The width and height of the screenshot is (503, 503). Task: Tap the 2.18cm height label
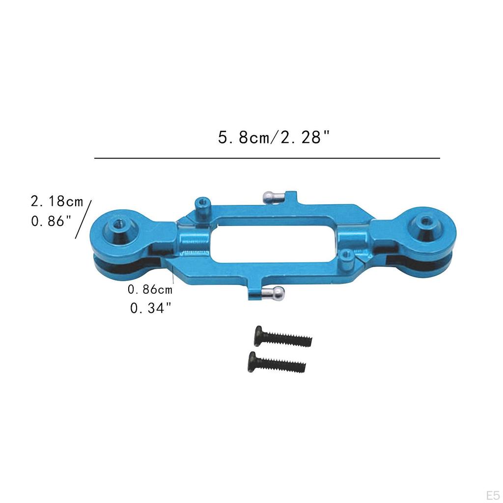pyautogui.click(x=57, y=202)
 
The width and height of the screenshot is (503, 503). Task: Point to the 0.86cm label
pyautogui.click(x=150, y=289)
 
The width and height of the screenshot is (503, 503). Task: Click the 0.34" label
pyautogui.click(x=151, y=308)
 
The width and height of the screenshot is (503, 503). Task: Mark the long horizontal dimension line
pyautogui.click(x=267, y=158)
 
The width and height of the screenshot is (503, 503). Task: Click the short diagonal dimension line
pyautogui.click(x=84, y=219)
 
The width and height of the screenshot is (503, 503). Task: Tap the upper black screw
pyautogui.click(x=282, y=338)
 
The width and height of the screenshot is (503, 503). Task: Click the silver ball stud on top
pyautogui.click(x=269, y=196)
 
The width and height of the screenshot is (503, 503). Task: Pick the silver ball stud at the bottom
pyautogui.click(x=277, y=294)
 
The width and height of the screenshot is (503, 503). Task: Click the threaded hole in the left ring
pyautogui.click(x=118, y=225)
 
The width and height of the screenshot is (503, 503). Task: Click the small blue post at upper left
pyautogui.click(x=201, y=206)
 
